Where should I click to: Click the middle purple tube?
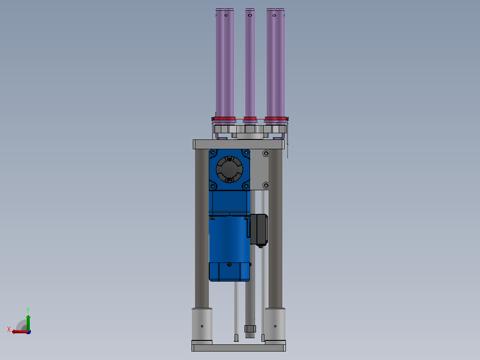250,63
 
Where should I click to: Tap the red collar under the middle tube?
250,119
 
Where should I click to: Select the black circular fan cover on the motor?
229,169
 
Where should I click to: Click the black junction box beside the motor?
259,229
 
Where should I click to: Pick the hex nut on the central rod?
250,329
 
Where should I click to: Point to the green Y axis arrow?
28,323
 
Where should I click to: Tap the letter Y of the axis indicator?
28,310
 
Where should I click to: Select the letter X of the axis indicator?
9,329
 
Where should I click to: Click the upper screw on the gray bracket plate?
266,153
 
